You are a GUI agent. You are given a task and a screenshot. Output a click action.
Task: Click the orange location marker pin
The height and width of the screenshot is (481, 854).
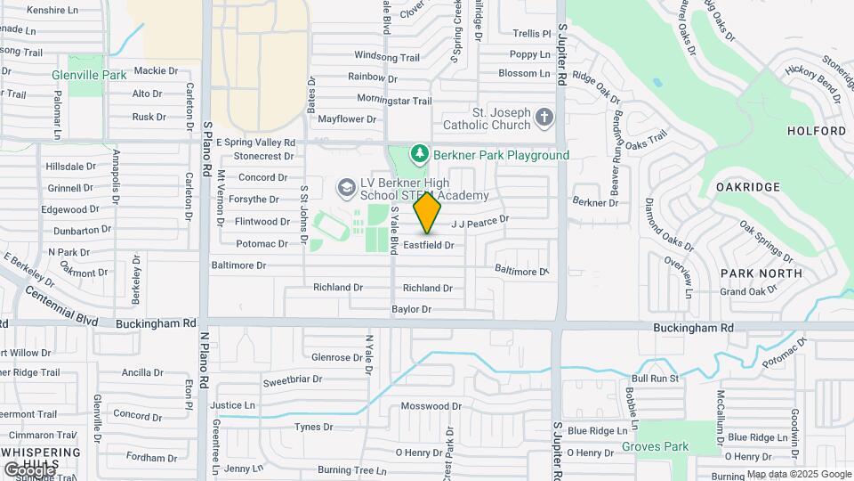(428, 213)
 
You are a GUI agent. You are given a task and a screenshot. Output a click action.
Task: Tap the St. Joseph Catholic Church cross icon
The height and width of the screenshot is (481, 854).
(544, 117)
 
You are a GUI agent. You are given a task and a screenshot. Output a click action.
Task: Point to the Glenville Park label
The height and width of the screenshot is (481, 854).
(89, 76)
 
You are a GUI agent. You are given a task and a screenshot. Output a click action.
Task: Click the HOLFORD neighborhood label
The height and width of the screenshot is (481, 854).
(817, 131)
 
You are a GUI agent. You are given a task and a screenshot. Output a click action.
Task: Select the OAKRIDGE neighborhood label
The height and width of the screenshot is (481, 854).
(748, 187)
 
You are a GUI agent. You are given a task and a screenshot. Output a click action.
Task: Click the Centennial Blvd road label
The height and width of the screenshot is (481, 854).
(61, 305)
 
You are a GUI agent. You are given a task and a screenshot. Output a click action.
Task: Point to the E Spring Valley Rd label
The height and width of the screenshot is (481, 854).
(254, 143)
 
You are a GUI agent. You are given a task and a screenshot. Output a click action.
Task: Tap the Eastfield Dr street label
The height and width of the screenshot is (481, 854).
(429, 244)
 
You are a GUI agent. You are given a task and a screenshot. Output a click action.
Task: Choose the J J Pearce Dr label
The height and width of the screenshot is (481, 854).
(480, 220)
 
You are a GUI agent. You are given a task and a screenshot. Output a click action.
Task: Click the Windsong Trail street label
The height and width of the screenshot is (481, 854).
(386, 57)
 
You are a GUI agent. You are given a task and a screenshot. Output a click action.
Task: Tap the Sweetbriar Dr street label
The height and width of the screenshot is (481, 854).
(293, 380)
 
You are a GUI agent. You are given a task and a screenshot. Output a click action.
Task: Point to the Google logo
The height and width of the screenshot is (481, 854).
(29, 469)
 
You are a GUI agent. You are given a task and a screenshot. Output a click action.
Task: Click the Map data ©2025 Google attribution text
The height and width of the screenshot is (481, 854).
(799, 474)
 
